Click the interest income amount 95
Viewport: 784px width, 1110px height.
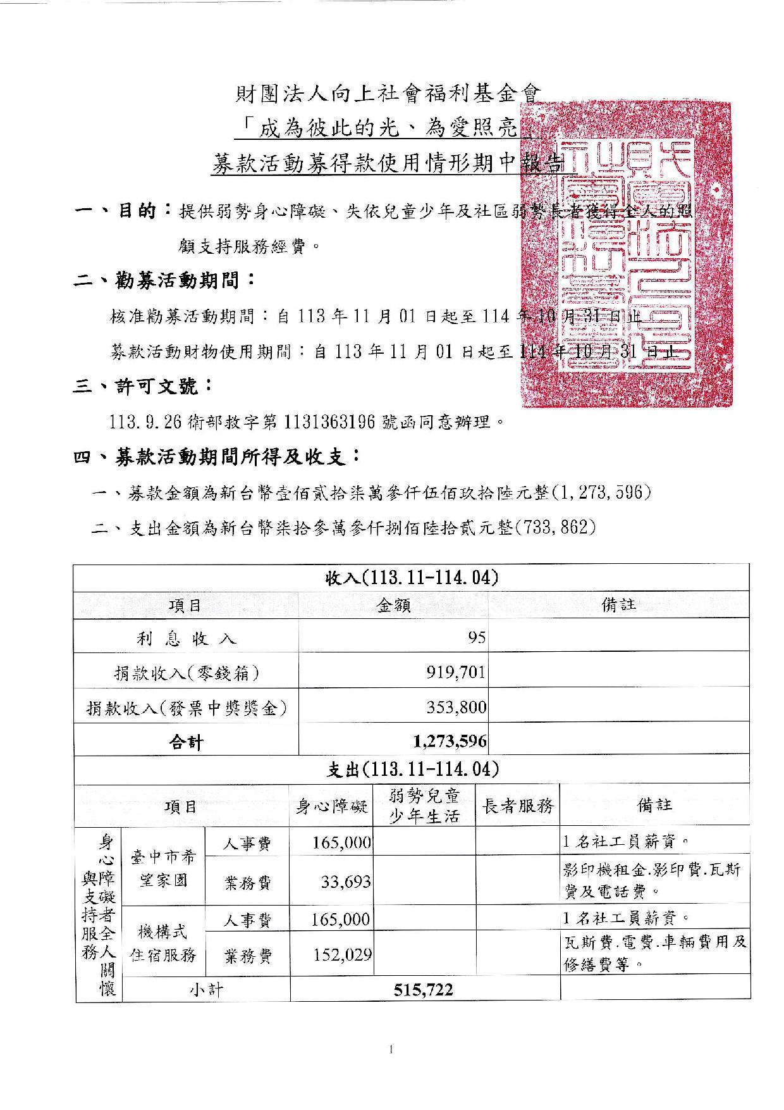pyautogui.click(x=477, y=637)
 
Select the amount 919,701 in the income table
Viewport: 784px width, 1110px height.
pyautogui.click(x=455, y=672)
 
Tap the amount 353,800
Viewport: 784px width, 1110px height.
pyautogui.click(x=456, y=707)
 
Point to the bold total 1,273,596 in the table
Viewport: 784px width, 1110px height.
pyautogui.click(x=450, y=740)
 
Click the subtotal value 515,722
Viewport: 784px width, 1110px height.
pyautogui.click(x=423, y=990)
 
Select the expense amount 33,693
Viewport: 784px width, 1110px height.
pyautogui.click(x=345, y=882)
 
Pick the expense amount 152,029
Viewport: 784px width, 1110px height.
pyautogui.click(x=342, y=954)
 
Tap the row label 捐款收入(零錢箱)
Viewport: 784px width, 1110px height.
pyautogui.click(x=186, y=673)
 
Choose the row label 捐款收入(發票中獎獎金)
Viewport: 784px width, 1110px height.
pyautogui.click(x=186, y=708)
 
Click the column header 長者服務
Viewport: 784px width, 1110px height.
pyautogui.click(x=517, y=806)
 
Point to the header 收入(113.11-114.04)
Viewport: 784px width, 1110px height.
pyautogui.click(x=412, y=577)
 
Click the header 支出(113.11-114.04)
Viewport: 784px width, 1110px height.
pyautogui.click(x=412, y=770)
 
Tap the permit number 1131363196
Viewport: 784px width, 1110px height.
pyautogui.click(x=331, y=420)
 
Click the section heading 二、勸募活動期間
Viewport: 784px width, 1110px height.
pyautogui.click(x=164, y=280)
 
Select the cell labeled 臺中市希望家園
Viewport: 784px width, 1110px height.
pyautogui.click(x=164, y=868)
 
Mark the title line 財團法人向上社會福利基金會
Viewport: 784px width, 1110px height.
pyautogui.click(x=388, y=95)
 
